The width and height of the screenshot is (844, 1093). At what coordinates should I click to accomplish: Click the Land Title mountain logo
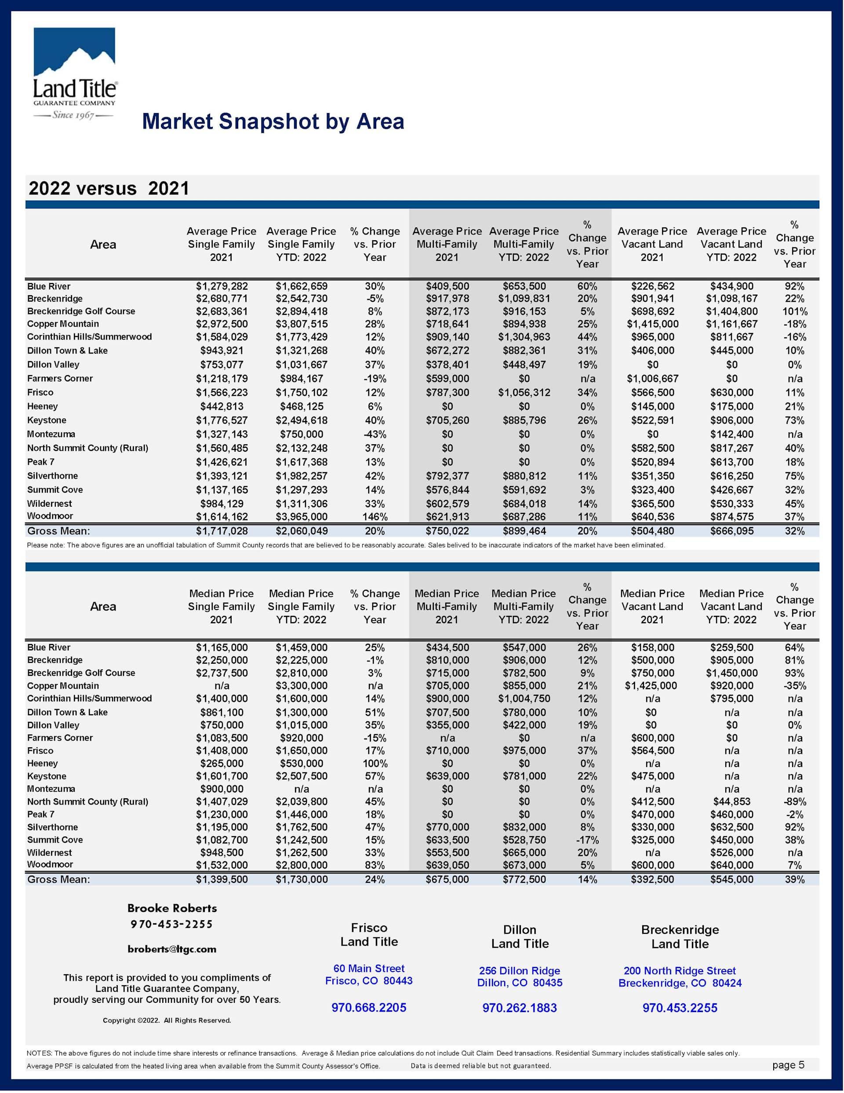tap(75, 73)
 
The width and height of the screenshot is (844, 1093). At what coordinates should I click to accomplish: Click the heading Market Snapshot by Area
tap(273, 121)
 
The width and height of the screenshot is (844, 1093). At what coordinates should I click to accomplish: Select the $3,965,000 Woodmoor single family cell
tap(301, 516)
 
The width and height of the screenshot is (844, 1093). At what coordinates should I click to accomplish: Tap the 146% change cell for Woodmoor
tap(375, 516)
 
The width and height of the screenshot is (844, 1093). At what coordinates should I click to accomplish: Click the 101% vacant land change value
tap(794, 311)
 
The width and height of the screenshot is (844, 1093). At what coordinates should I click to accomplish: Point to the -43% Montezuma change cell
tap(375, 435)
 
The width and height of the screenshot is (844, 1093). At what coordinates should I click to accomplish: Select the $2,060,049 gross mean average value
tap(301, 531)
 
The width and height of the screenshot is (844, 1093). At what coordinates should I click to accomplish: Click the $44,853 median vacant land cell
tap(731, 802)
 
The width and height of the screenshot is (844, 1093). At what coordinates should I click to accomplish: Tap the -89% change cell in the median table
tap(794, 802)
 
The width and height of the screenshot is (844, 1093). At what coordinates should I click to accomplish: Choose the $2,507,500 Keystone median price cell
tap(301, 776)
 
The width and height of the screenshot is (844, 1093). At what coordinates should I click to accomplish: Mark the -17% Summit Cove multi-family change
tap(587, 840)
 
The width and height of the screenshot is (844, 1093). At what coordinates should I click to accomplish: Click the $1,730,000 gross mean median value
tap(301, 879)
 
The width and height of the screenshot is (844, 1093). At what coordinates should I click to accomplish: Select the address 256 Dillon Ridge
tap(519, 971)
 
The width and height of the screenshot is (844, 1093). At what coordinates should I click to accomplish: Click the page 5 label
tap(788, 1065)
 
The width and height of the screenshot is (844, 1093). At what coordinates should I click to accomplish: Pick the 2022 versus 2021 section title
tap(109, 189)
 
